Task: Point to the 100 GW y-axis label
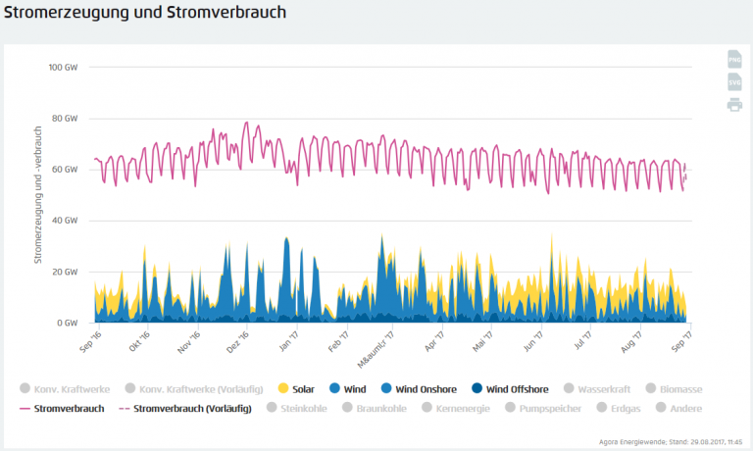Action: pos(64,68)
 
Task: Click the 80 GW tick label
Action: pos(66,119)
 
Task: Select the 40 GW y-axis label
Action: pos(66,221)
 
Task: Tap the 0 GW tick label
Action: pos(69,323)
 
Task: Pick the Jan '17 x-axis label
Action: pos(287,340)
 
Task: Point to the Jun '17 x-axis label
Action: pos(532,340)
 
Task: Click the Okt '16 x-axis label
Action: pos(138,340)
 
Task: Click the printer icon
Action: pos(734,105)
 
